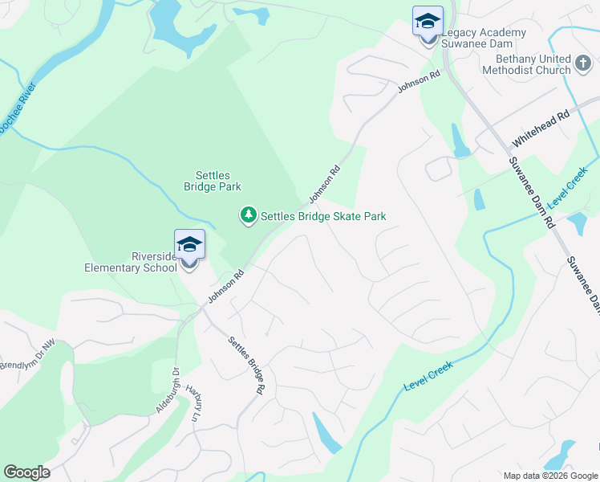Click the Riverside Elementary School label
point(131,262)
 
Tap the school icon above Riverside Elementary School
point(190,244)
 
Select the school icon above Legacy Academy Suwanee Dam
point(428,21)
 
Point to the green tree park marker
point(249,215)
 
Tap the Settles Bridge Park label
point(213,181)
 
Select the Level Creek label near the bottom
point(428,376)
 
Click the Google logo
point(26,472)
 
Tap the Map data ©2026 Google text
point(550,476)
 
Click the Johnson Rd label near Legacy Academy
point(420,84)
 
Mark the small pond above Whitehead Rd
point(460,142)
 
